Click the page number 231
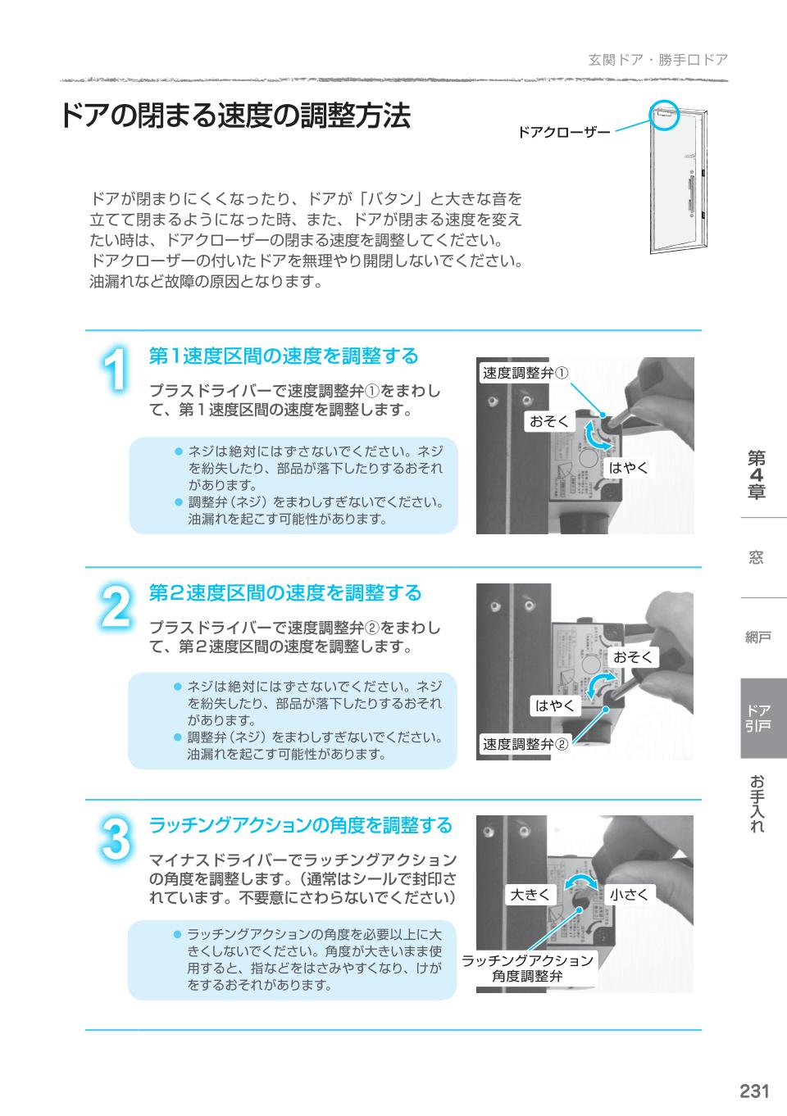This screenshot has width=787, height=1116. pos(753,1091)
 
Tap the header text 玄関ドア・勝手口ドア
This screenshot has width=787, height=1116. pos(657,60)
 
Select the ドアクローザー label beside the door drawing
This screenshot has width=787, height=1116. pos(564,132)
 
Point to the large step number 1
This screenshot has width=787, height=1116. pos(116,370)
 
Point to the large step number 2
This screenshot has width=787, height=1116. pos(116,607)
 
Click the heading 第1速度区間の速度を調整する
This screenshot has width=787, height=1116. pos(284,356)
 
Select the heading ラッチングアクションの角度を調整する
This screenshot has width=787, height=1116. pos(300,825)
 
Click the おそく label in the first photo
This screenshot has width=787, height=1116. pos(548,422)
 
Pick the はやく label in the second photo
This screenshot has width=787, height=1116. pos(554,705)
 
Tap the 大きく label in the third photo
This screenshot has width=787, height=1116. pos(530,895)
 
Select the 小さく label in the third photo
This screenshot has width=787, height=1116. pos(629,895)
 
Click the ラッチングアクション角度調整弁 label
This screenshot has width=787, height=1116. pos(527,969)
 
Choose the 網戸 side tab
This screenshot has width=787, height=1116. pos(757,637)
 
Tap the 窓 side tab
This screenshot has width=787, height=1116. pos(756,558)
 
